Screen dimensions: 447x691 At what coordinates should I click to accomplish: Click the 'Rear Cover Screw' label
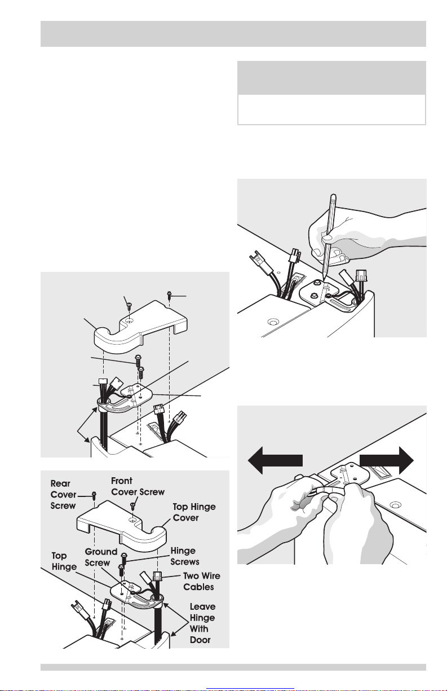pos(63,494)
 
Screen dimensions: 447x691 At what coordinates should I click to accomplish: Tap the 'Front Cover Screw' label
pos(138,486)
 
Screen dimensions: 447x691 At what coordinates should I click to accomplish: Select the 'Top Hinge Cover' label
pos(194,512)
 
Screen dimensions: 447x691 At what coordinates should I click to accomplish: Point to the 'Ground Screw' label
pos(100,557)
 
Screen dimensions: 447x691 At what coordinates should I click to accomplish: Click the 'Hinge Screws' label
pos(185,556)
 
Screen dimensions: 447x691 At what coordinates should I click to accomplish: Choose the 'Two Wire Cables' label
pos(202,581)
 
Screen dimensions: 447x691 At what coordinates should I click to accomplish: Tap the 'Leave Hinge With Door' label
pos(202,623)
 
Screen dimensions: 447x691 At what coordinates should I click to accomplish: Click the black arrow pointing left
pos(275,460)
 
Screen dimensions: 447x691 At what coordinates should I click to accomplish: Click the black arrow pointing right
pos(387,460)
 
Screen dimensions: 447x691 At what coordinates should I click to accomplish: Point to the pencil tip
pos(323,279)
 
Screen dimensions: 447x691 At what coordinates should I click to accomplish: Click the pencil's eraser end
pos(333,196)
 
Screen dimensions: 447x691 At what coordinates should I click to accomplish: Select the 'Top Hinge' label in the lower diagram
pos(64,561)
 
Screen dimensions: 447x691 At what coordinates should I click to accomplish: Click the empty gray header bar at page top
pos(233,34)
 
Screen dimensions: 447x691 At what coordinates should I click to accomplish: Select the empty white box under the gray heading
pos(331,109)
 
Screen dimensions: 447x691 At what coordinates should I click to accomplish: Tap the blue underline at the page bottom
pos(250,688)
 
